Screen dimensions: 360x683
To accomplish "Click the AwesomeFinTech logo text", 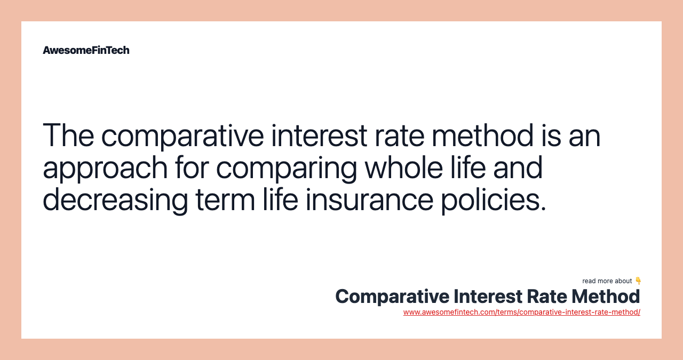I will pyautogui.click(x=86, y=50).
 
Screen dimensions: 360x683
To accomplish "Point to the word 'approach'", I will pyautogui.click(x=105, y=169).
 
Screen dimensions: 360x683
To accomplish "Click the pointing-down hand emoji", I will pyautogui.click(x=638, y=281).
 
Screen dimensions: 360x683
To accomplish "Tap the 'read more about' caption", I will pyautogui.click(x=607, y=281).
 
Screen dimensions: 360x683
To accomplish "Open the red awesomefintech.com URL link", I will pyautogui.click(x=521, y=312).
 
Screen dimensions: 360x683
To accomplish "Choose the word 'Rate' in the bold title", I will pyautogui.click(x=546, y=297).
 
